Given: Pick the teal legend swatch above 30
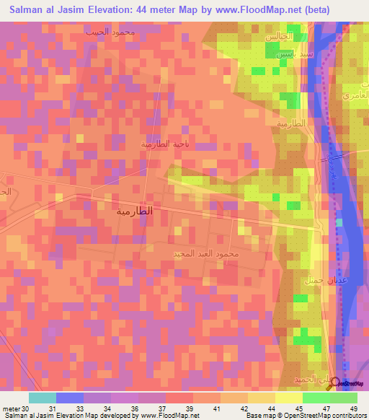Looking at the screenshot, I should (42, 398).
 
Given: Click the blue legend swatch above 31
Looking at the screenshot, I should (69, 398).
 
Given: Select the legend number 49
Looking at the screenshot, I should (352, 408).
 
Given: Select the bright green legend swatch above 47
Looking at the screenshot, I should (316, 398).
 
